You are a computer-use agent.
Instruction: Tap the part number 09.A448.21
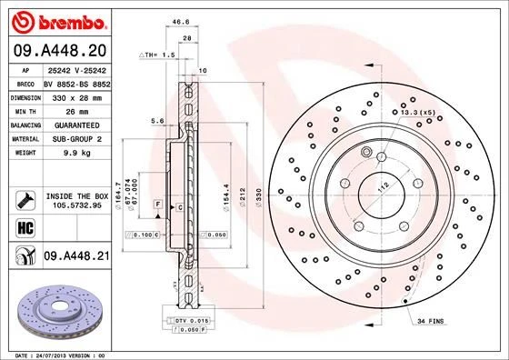coord(75,257)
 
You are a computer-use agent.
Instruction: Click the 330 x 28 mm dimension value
coord(75,95)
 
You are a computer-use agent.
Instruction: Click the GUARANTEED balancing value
coord(75,124)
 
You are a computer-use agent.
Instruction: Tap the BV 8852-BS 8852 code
coord(75,82)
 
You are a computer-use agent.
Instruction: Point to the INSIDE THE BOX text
coord(75,195)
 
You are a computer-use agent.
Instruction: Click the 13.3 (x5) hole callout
coord(417,112)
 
